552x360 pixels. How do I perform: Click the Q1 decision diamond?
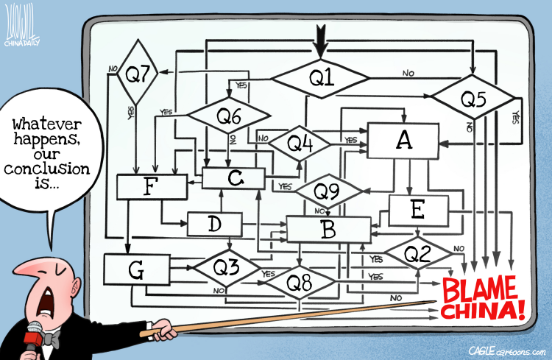(x=321, y=79)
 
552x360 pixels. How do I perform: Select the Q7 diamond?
(x=138, y=73)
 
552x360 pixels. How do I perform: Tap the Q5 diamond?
(x=473, y=97)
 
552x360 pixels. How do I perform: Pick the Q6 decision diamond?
(x=229, y=115)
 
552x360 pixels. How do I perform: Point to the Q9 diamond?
(x=328, y=191)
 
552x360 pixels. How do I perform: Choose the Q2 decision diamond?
(x=418, y=253)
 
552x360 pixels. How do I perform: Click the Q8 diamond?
(x=300, y=282)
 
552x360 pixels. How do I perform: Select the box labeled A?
(x=403, y=141)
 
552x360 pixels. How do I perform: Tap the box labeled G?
(x=137, y=269)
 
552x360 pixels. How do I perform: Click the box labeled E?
(x=418, y=211)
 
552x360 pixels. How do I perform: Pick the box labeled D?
(x=215, y=224)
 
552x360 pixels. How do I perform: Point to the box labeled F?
(x=152, y=187)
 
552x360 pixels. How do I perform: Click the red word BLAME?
(x=479, y=289)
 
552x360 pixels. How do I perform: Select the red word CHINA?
(x=483, y=310)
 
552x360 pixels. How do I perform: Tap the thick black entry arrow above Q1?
(x=321, y=41)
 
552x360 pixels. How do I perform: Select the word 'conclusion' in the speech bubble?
(x=47, y=169)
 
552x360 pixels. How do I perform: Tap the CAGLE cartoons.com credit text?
(x=507, y=351)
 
